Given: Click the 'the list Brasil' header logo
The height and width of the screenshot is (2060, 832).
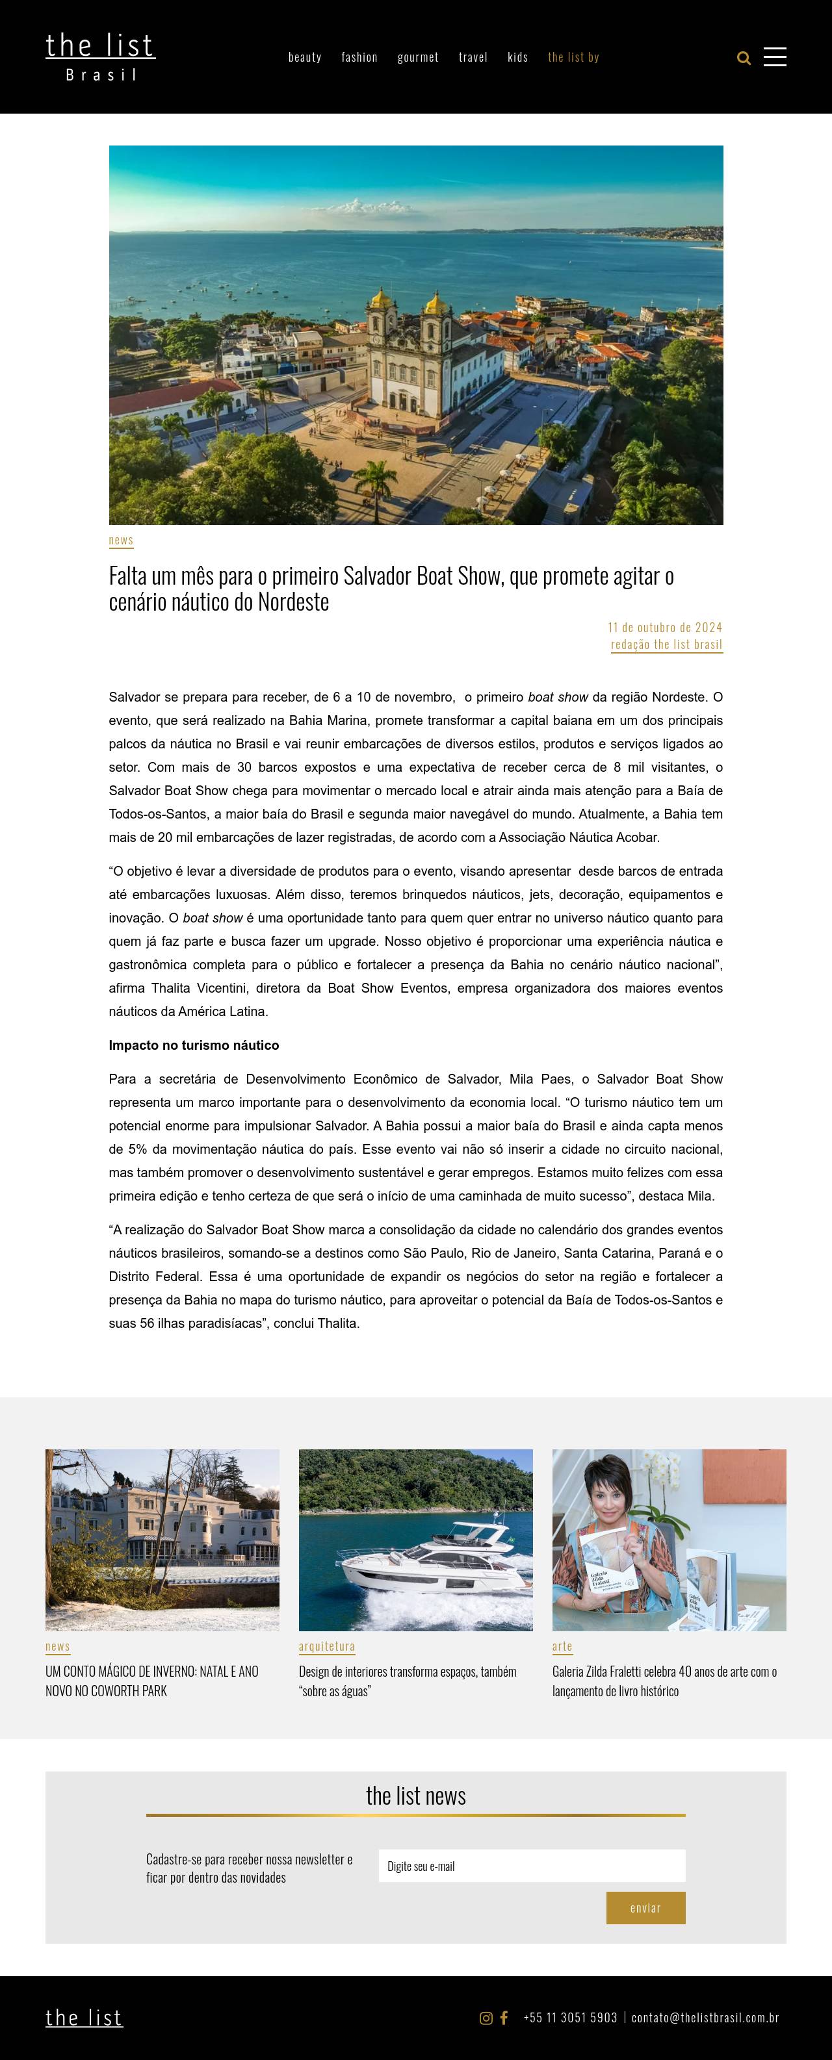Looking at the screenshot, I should pos(100,56).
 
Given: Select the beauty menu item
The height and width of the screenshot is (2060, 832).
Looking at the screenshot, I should pos(305,57).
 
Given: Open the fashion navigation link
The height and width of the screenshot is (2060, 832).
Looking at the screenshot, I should pos(359,57).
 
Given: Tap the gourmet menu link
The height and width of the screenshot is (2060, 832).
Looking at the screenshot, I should pos(417,57).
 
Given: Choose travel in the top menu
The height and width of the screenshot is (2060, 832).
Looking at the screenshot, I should pos(473,57).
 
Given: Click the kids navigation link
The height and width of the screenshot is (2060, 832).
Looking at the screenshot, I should pos(517,57).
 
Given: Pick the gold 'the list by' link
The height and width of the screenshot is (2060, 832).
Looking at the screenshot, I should pos(573,57).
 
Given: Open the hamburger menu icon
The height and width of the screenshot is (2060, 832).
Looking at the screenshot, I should pos(774,57).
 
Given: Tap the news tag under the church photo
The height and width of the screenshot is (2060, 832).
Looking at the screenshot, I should pos(121,540).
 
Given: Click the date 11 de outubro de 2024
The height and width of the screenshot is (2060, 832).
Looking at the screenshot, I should pos(665,627).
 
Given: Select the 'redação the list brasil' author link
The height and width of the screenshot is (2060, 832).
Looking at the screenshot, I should pos(666,644).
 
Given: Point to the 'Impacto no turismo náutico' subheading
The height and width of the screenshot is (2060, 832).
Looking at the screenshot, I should pos(194,1045).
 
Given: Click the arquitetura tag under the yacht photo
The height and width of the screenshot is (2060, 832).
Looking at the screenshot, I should pos(326,1646).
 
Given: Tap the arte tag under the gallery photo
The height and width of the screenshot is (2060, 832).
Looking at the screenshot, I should pos(562,1646).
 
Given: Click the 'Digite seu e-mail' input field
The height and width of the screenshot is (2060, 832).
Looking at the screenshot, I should pos(532,1866).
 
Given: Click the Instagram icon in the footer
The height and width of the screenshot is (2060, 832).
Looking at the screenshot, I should pos(486,2018).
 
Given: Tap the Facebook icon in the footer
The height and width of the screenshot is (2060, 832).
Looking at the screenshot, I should pos(504,2018).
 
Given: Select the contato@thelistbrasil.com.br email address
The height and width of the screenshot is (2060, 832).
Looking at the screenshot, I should pos(705,2018).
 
